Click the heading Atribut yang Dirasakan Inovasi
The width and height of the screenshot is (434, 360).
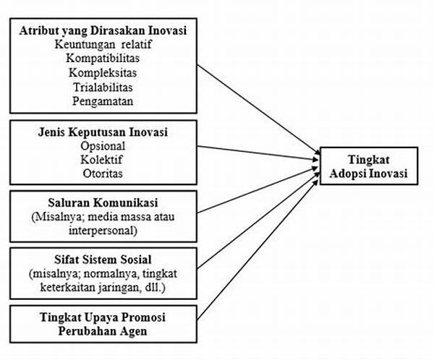[x=103, y=31]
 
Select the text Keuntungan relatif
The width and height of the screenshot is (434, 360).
[x=103, y=45]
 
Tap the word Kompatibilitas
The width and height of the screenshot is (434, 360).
[x=103, y=59]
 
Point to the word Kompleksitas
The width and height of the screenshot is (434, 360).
[x=103, y=73]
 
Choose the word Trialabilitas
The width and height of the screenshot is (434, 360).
[x=103, y=87]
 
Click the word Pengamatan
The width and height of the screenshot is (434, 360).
[x=103, y=101]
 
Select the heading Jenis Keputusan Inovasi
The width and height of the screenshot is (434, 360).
[x=103, y=132]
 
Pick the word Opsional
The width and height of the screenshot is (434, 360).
[x=103, y=146]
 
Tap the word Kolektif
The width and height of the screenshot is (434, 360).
[x=101, y=160]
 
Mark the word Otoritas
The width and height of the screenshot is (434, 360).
[x=103, y=173]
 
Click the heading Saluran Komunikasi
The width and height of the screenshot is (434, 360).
[x=103, y=202]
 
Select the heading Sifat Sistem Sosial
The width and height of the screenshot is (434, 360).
[x=103, y=260]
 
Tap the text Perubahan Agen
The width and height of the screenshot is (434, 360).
[x=103, y=331]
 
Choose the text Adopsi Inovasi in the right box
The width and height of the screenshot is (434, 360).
[x=368, y=173]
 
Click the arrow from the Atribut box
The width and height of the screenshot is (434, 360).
[x=258, y=111]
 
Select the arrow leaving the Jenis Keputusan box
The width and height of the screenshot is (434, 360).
[x=258, y=153]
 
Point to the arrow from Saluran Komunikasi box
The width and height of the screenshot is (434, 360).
[x=258, y=189]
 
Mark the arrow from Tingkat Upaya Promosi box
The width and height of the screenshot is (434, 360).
[x=258, y=249]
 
